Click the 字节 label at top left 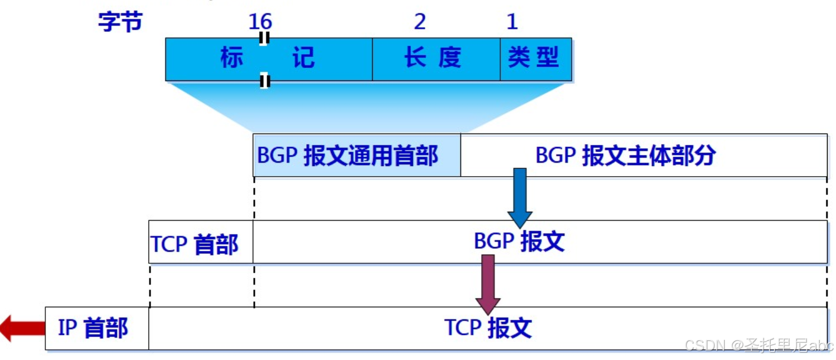120,22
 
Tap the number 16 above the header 260,22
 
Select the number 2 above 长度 420,22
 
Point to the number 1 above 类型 512,22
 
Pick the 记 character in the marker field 303,58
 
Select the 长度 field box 435,59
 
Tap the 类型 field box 535,59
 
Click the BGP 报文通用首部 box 356,155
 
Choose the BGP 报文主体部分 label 625,155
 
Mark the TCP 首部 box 200,241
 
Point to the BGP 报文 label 519,241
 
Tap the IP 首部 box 96,328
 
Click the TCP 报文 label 487,328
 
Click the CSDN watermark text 759,345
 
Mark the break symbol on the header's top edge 264,38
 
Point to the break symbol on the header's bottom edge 265,82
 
